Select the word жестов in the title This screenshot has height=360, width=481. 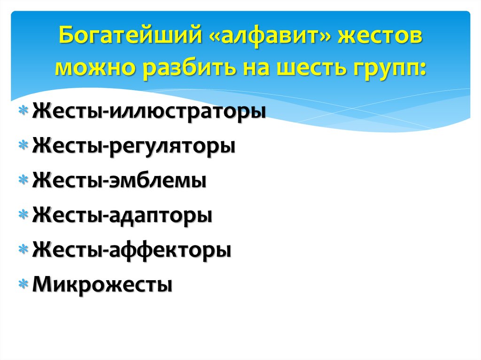pos(380,36)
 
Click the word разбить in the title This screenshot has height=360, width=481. pos(190,69)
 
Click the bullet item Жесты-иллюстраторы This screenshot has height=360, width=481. pos(149,112)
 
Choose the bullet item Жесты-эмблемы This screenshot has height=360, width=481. pos(119,180)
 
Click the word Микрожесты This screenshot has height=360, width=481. pos(102,284)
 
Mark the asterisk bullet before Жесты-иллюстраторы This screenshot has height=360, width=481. pos(23,110)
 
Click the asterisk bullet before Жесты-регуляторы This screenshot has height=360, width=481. pos(23,145)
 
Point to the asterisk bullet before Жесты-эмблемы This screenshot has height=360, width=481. pos(23,180)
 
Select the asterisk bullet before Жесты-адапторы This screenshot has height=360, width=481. pos(23,214)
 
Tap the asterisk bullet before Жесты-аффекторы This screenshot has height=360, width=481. pos(23,249)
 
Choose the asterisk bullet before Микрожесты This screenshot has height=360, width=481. pos(23,284)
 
